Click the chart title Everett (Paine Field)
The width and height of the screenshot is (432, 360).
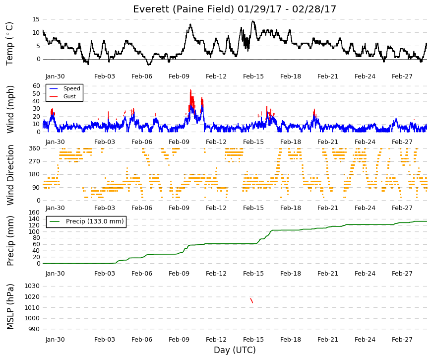(x=183, y=9)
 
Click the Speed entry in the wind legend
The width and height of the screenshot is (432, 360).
(x=71, y=88)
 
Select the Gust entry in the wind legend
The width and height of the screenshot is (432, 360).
(x=69, y=96)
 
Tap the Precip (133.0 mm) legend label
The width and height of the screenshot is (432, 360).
(x=95, y=221)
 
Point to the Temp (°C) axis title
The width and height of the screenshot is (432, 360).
(x=9, y=44)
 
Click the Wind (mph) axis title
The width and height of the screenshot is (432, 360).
(x=10, y=110)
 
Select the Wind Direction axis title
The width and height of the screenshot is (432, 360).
(x=10, y=175)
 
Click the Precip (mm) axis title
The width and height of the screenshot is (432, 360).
(x=10, y=241)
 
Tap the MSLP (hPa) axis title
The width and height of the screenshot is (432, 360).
(x=10, y=307)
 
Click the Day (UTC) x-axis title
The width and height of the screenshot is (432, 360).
(x=235, y=350)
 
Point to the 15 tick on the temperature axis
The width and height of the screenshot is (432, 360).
(x=36, y=19)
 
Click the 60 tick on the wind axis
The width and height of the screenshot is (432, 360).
(x=36, y=86)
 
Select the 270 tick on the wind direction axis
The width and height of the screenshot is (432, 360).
(x=35, y=161)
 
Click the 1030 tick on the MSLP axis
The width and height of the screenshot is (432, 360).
(x=32, y=286)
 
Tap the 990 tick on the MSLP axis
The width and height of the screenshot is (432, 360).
(x=34, y=329)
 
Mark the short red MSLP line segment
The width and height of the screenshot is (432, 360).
(x=251, y=301)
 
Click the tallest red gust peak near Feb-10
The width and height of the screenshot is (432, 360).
(x=190, y=90)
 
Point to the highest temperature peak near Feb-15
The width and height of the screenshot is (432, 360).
(x=252, y=21)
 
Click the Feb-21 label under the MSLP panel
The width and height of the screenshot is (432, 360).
(x=327, y=340)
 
